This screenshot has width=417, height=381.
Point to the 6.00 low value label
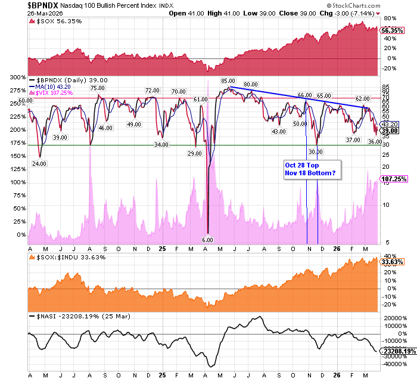click(207, 240)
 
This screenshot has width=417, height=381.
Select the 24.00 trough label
click(39, 163)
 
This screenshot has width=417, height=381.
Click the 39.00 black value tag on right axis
click(390, 131)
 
